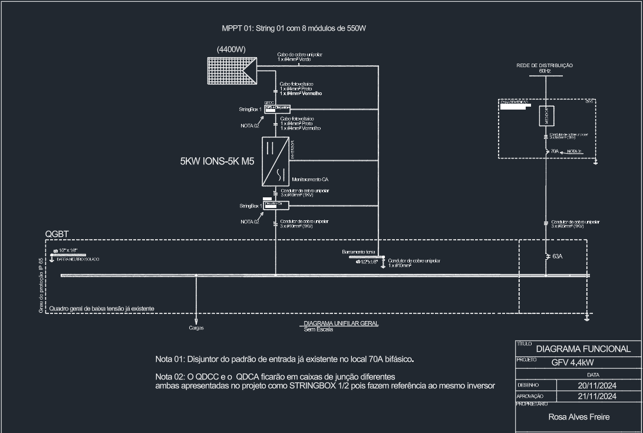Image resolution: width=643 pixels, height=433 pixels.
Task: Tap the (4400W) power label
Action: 232,49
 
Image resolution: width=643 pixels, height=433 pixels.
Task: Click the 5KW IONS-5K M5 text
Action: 217,161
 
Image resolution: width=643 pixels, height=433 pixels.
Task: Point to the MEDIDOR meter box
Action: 546,116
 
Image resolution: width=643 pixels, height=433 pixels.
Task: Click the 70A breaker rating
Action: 555,151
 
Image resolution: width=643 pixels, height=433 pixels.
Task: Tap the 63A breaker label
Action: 557,257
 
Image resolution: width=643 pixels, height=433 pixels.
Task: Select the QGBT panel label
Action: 57,234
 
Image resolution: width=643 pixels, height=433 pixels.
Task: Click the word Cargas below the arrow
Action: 196,328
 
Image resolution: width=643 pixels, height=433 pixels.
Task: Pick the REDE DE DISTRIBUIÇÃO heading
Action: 544,65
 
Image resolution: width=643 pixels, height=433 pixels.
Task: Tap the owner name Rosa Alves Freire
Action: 579,417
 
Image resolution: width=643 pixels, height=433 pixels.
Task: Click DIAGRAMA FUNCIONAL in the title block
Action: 583,349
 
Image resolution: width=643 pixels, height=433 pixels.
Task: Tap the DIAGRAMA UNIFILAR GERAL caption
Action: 341,323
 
